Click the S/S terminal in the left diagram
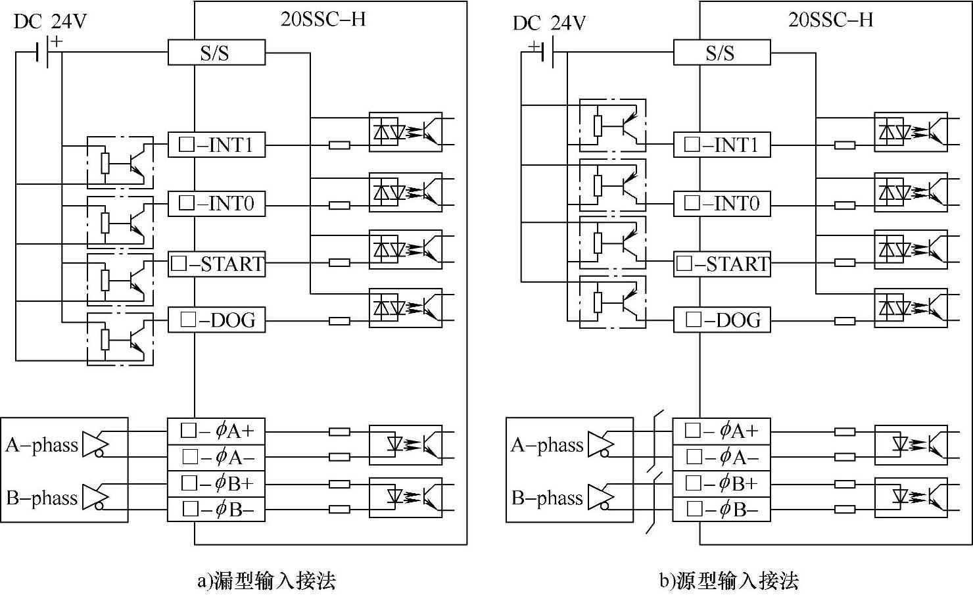216,53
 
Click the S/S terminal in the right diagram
721,53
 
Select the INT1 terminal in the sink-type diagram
216,145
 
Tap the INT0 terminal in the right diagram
721,203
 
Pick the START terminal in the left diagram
216,264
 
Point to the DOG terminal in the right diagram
721,320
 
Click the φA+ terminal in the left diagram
216,431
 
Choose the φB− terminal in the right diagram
721,509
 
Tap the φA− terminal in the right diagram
721,456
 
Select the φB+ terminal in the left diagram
216,483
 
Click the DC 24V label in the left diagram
50,22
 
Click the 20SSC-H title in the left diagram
323,19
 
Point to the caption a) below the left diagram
266,581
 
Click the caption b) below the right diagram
728,581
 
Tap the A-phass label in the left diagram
41,445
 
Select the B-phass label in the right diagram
547,498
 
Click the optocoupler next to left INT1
405,132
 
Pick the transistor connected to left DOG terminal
120,339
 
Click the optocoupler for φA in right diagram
911,444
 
